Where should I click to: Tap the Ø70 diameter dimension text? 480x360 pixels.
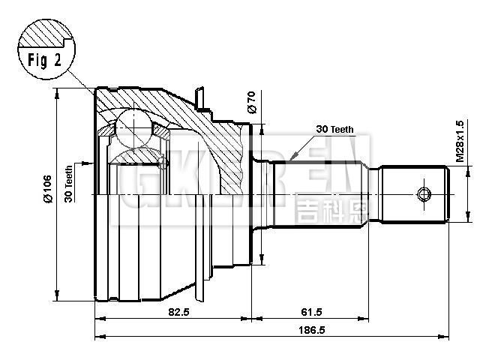pyautogui.click(x=251, y=100)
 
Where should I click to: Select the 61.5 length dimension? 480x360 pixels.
pyautogui.click(x=309, y=310)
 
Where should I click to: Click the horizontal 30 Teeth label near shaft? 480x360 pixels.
pyautogui.click(x=334, y=130)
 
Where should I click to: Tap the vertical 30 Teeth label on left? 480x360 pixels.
pyautogui.click(x=68, y=184)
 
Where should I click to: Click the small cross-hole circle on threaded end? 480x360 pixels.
pyautogui.click(x=424, y=195)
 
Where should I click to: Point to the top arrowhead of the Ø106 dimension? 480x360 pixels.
pyautogui.click(x=57, y=91)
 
